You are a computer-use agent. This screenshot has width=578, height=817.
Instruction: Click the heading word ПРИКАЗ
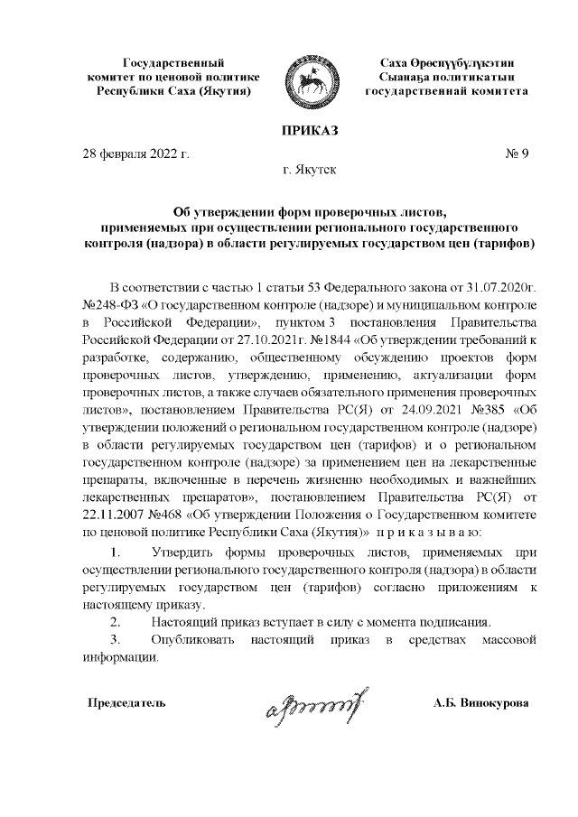(x=309, y=132)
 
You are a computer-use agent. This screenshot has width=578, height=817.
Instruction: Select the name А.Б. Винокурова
(x=482, y=702)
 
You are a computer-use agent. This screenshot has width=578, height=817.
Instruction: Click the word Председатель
(x=126, y=702)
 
